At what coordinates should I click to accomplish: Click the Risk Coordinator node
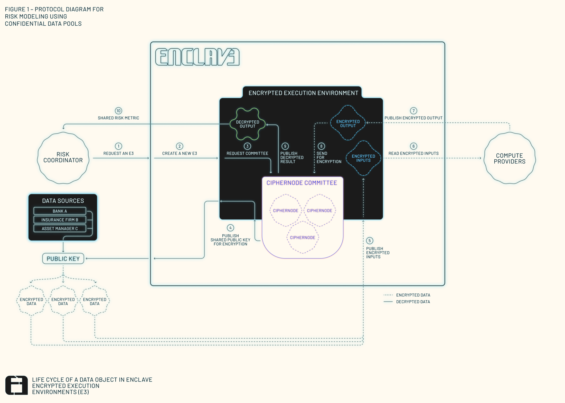pyautogui.click(x=63, y=158)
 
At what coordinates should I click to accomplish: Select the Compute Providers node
pyautogui.click(x=510, y=158)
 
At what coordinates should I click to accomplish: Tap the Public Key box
pyautogui.click(x=63, y=259)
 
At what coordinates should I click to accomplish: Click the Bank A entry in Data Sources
pyautogui.click(x=60, y=211)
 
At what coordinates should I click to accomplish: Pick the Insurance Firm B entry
pyautogui.click(x=60, y=220)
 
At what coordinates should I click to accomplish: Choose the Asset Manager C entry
pyautogui.click(x=60, y=228)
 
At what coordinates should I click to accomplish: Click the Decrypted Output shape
pyautogui.click(x=248, y=124)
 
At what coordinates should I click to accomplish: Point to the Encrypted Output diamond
pyautogui.click(x=348, y=123)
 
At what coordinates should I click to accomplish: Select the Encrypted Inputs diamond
pyautogui.click(x=363, y=158)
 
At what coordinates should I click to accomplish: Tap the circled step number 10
pyautogui.click(x=118, y=111)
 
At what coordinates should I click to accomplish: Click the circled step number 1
pyautogui.click(x=118, y=146)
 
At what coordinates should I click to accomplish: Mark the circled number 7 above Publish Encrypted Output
pyautogui.click(x=413, y=111)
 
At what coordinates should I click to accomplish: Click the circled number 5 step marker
pyautogui.click(x=370, y=241)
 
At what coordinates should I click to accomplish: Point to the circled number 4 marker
pyautogui.click(x=230, y=228)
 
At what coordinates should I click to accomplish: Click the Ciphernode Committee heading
pyautogui.click(x=302, y=183)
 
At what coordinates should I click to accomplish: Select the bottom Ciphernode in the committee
pyautogui.click(x=303, y=237)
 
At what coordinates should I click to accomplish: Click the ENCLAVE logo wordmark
pyautogui.click(x=197, y=57)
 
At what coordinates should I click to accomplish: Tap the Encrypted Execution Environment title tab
pyautogui.click(x=303, y=93)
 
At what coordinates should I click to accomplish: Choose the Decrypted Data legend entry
pyautogui.click(x=413, y=302)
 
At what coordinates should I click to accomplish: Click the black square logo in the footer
pyautogui.click(x=16, y=385)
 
